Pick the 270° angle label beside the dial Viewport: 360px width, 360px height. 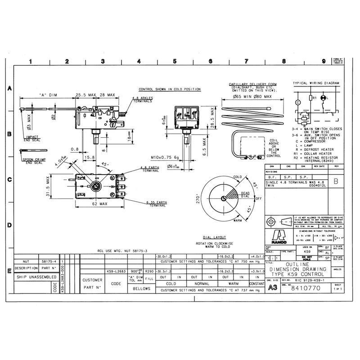click(x=196, y=199)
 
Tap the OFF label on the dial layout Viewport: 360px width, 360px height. click(x=258, y=198)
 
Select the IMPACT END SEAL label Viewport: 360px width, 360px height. click(x=33, y=138)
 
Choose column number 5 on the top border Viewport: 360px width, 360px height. click(x=174, y=62)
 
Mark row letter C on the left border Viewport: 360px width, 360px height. click(x=9, y=180)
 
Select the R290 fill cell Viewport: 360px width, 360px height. click(x=149, y=271)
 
